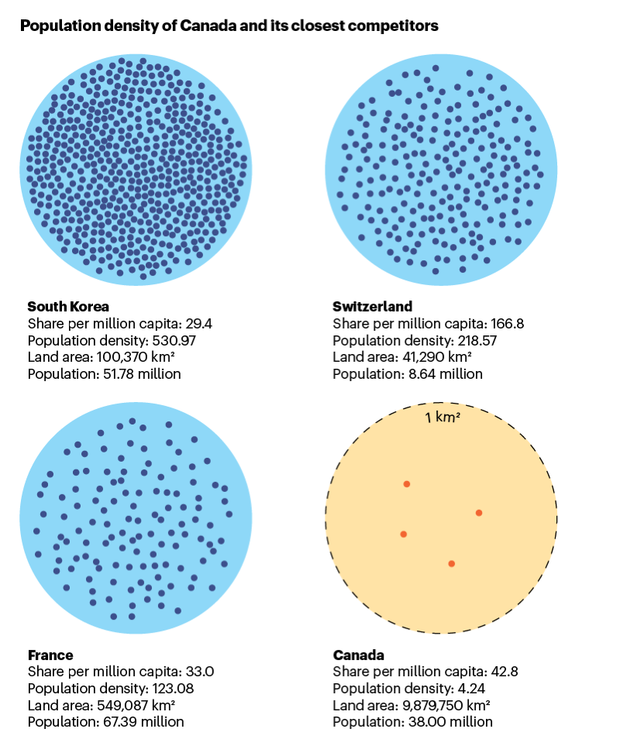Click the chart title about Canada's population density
click(229, 26)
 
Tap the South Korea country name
click(68, 306)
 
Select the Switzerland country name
click(373, 306)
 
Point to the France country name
click(50, 655)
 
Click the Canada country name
click(359, 655)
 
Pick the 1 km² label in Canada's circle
click(443, 418)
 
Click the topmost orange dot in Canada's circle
click(406, 484)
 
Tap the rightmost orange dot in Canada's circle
click(479, 513)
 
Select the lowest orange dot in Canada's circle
click(451, 563)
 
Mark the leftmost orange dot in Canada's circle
click(403, 534)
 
